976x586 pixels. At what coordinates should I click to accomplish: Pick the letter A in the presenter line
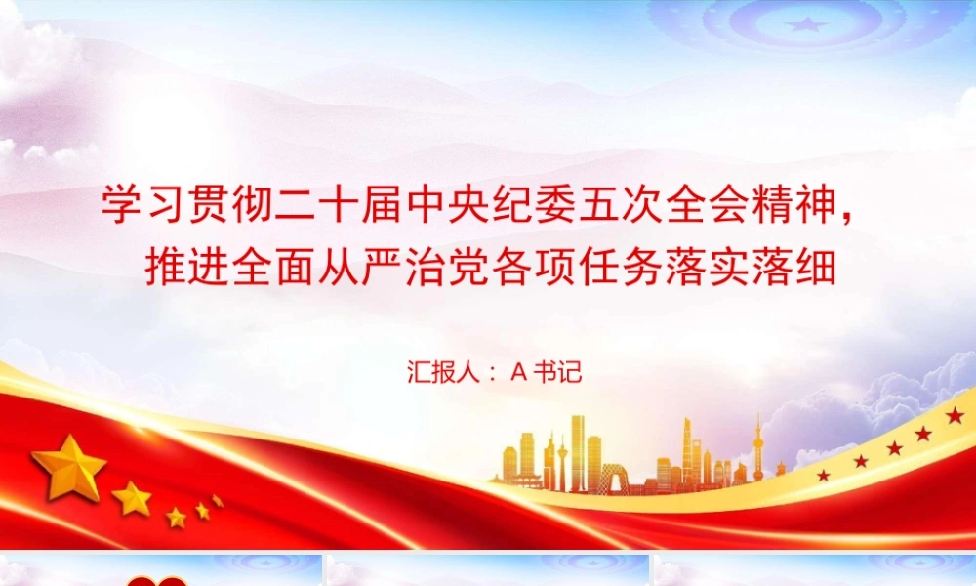[519, 372]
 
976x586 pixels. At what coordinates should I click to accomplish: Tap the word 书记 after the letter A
[557, 372]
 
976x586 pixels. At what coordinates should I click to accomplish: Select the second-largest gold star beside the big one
[132, 499]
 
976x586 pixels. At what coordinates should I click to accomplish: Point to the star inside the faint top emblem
[807, 25]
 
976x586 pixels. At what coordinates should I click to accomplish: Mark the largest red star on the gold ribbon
[955, 415]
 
